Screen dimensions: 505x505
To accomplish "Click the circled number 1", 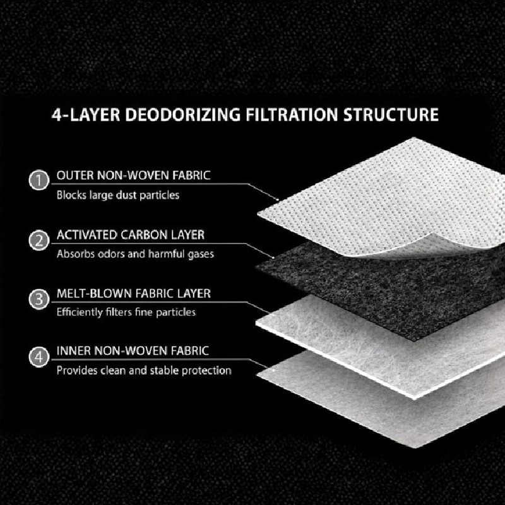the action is (39, 180).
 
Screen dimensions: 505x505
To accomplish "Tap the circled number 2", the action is (39, 241).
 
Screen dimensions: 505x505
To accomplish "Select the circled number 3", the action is (39, 299).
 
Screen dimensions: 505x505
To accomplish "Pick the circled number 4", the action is (39, 357).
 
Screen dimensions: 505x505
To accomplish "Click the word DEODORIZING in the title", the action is (182, 115).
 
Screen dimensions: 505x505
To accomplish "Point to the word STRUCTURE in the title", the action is (391, 115).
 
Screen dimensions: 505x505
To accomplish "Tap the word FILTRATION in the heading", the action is (292, 115).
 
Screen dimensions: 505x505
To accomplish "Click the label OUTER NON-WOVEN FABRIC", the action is (133, 175).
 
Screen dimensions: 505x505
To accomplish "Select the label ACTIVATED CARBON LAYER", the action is (131, 235).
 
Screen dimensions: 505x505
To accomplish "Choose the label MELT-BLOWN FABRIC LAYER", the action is (133, 294).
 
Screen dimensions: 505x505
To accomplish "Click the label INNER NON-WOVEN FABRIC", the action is (133, 351).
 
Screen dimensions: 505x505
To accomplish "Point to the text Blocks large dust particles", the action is (118, 195).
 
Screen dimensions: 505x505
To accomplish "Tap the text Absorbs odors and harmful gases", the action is (135, 254).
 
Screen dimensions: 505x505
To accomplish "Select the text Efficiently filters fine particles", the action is (126, 312).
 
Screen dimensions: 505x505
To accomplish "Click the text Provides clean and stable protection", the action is (144, 371).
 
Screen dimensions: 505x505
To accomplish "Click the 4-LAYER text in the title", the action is (86, 115).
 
